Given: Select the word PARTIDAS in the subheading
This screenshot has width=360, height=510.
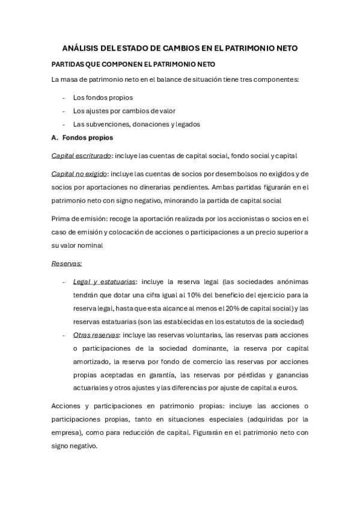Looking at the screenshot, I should point(68,64).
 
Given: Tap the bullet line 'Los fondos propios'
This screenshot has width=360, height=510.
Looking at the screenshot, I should point(103,97).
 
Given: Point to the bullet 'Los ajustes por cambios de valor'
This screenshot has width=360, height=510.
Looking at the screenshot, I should point(124,111).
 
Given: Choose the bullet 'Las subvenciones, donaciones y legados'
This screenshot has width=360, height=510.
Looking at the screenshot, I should point(136,124).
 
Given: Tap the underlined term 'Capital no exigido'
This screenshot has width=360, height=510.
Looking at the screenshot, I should point(79,174).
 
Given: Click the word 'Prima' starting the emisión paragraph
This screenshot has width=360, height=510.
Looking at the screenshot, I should point(61,218).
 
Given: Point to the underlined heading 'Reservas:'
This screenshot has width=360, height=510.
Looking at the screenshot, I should point(67,263).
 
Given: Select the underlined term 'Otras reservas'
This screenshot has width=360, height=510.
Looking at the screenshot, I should point(96,335).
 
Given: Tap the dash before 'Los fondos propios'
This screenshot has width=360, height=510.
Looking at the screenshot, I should point(64,97).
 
